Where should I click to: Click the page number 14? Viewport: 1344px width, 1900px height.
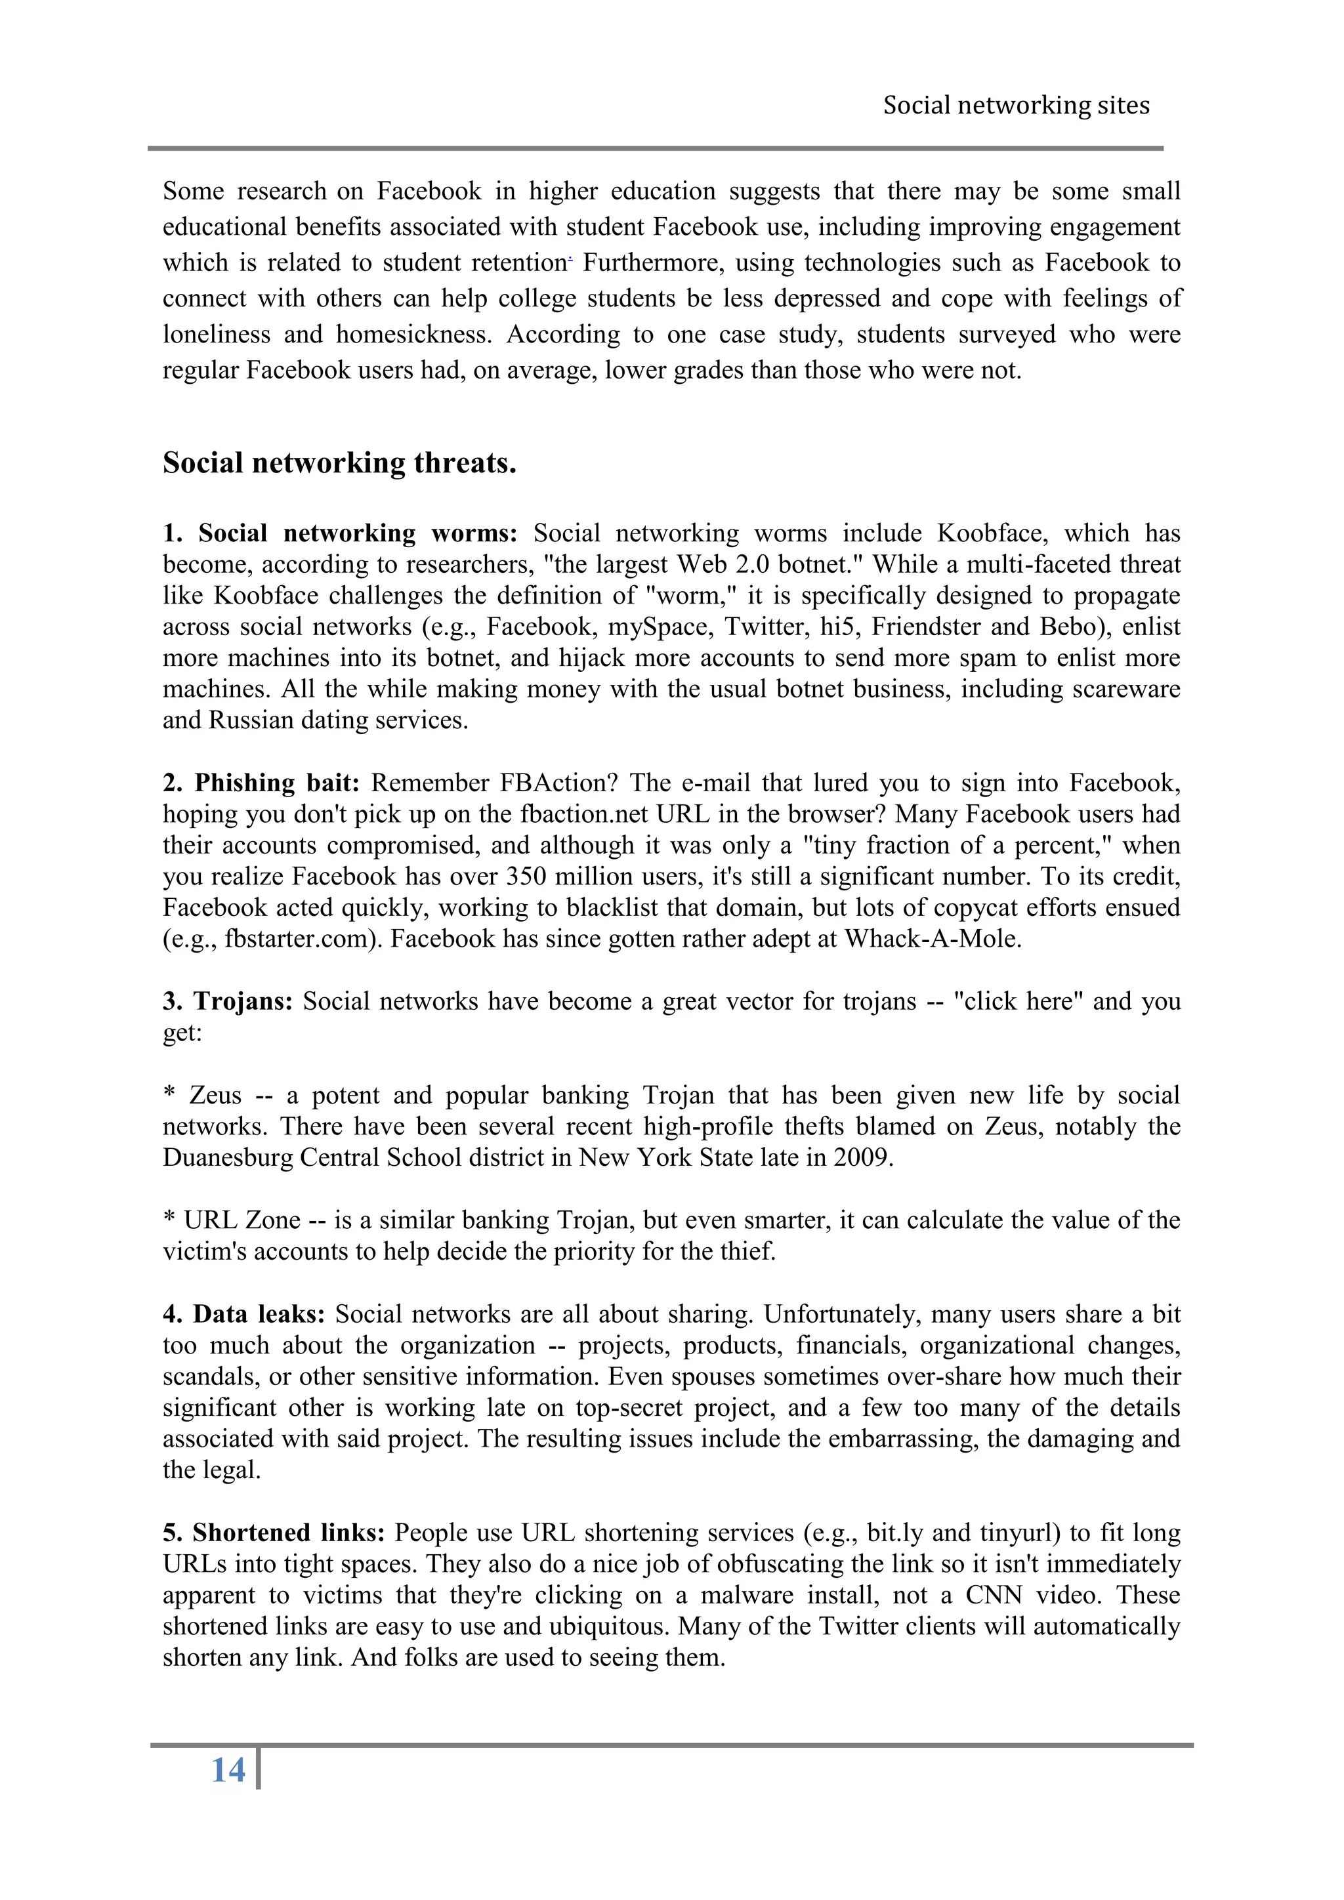tap(228, 1770)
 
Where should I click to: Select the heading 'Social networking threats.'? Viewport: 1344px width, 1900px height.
tap(339, 463)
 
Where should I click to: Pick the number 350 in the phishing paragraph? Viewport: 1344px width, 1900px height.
tap(526, 877)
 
